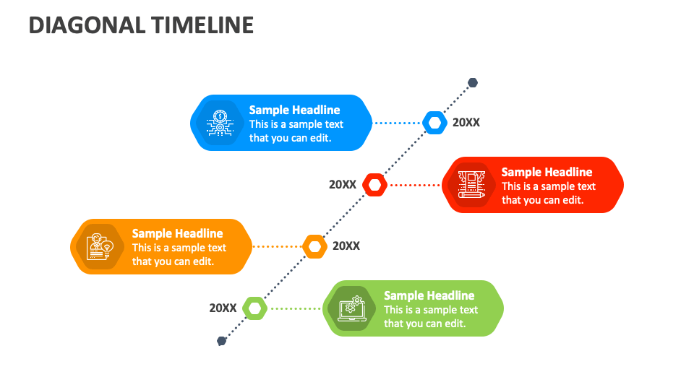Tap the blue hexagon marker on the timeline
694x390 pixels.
[434, 123]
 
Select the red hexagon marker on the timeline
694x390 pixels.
[374, 185]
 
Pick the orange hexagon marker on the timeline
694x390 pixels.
[314, 246]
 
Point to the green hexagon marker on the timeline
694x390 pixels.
[254, 308]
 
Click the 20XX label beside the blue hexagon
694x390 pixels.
[466, 123]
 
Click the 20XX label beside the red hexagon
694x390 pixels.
[343, 185]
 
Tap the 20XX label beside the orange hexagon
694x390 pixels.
[346, 246]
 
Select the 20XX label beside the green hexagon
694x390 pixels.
[223, 308]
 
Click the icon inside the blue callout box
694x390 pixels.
[219, 123]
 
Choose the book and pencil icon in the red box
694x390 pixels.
[471, 185]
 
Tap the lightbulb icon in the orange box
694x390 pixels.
[100, 246]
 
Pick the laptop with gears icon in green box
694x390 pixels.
[352, 308]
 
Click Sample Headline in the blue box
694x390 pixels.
[294, 110]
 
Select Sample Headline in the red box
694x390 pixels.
[547, 173]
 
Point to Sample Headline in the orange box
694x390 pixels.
[177, 234]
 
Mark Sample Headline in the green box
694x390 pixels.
[429, 296]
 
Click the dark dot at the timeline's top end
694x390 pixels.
[473, 83]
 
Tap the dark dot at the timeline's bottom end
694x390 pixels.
[222, 341]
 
